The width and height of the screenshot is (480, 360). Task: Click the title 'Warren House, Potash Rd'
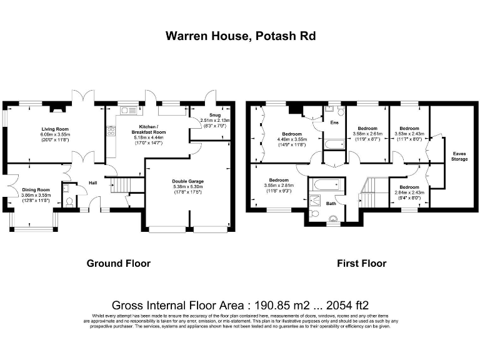[x=240, y=36]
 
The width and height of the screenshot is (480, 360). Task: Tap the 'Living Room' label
[x=56, y=129]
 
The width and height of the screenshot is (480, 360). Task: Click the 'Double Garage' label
[x=188, y=182]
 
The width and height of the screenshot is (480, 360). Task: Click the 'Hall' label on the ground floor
[x=92, y=183]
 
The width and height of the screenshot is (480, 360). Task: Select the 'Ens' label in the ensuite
[x=334, y=123]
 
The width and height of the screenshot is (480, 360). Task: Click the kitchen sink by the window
[x=129, y=111]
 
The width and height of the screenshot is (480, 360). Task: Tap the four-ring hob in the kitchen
[x=111, y=131]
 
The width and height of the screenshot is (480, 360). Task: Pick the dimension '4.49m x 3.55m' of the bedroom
[x=292, y=139]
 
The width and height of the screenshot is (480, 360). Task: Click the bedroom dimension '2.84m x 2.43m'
[x=409, y=192]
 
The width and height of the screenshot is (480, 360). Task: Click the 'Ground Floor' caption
[x=118, y=263]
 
